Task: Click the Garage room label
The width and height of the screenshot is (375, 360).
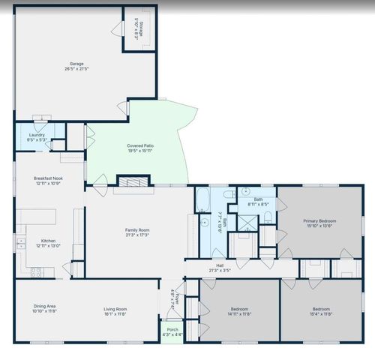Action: pyautogui.click(x=76, y=64)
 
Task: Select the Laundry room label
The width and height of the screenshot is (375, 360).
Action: pyautogui.click(x=37, y=136)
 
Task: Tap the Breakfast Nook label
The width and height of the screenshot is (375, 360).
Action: pyautogui.click(x=47, y=178)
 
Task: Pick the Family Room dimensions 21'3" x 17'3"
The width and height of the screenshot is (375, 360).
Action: pyautogui.click(x=137, y=235)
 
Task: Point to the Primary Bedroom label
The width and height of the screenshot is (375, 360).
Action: pyautogui.click(x=319, y=221)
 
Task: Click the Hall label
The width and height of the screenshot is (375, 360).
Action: pyautogui.click(x=220, y=265)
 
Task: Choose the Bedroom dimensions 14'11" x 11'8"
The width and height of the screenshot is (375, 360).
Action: pyautogui.click(x=239, y=314)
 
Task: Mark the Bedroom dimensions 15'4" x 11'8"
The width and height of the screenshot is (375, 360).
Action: pyautogui.click(x=320, y=314)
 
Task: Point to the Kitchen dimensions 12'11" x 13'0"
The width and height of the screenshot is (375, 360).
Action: pyautogui.click(x=47, y=246)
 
